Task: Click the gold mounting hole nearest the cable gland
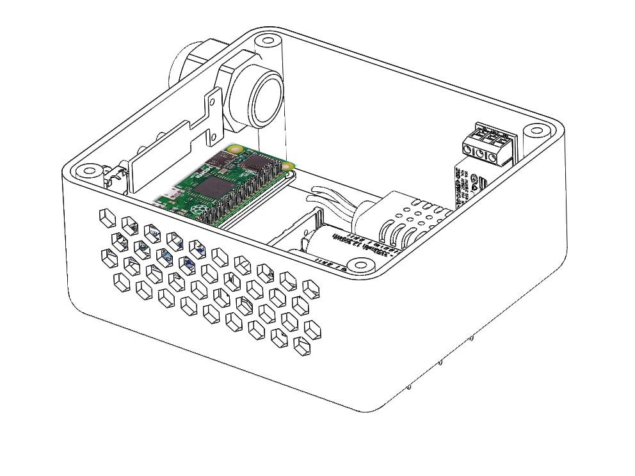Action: coord(235,150)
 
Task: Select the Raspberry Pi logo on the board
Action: coord(197,209)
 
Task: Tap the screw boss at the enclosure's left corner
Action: coord(85,171)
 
